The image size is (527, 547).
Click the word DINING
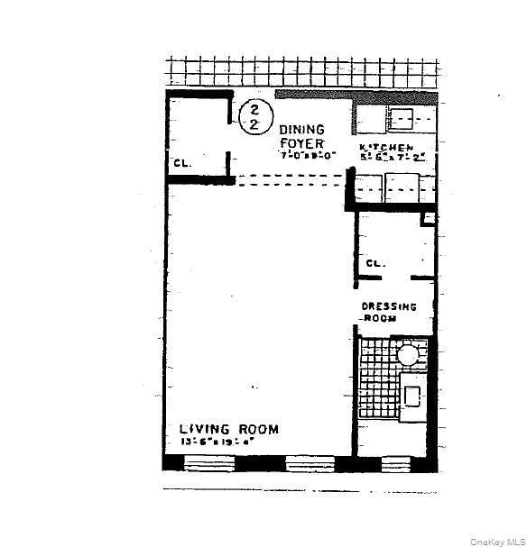tap(300, 130)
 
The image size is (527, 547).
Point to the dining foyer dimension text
tap(308, 155)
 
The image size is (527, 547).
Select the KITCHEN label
tap(386, 147)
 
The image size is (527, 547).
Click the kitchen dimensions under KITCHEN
tap(386, 157)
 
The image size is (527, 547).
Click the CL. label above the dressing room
tap(375, 264)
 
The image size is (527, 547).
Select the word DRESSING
tap(389, 306)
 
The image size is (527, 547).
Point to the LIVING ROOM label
tap(228, 429)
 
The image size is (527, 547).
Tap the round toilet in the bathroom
tap(408, 354)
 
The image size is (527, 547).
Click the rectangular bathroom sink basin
tap(411, 395)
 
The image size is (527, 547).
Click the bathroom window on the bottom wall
tap(394, 463)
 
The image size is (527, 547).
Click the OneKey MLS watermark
tap(497, 541)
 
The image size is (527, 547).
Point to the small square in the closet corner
tap(429, 217)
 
